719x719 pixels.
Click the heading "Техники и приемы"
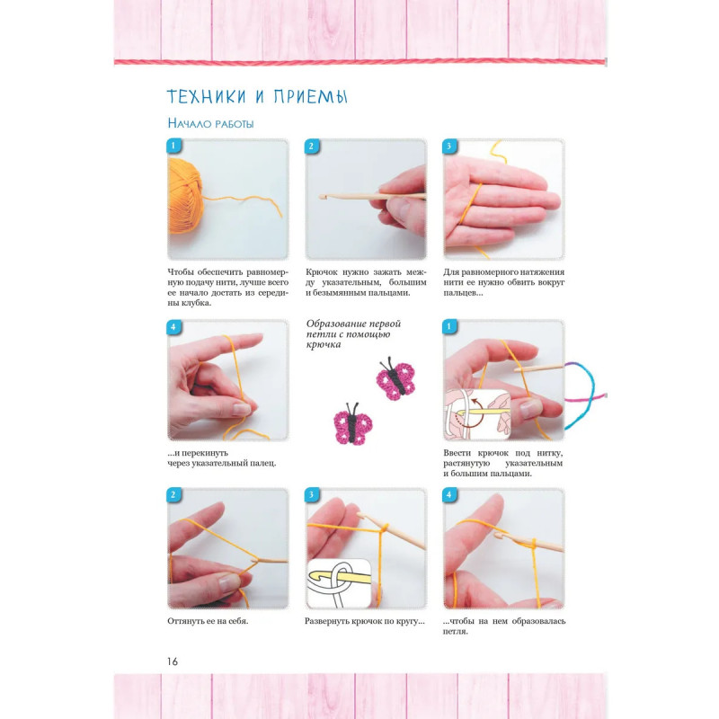pos(257,96)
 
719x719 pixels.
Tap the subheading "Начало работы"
pos(210,123)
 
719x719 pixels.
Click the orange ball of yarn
pos(185,196)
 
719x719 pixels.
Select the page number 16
pos(173,661)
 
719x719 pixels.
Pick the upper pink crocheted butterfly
pos(395,378)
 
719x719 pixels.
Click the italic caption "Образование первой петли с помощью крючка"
pos(353,333)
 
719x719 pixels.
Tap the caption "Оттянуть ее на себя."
pos(208,621)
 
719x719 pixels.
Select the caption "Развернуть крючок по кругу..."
pos(365,621)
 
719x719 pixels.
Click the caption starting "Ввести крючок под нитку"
pos(503,463)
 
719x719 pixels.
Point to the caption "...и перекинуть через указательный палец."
pos(221,458)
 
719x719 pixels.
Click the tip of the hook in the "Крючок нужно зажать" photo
pos(321,197)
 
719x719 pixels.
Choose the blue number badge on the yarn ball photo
pos(173,146)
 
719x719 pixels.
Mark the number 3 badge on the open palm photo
pos(450,146)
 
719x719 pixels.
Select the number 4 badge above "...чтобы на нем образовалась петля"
pos(450,495)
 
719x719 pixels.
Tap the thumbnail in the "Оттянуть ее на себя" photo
pos(229,582)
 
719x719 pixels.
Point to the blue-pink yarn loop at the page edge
pos(585,395)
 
